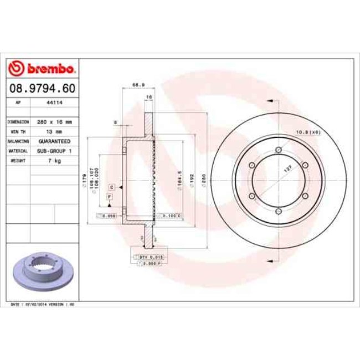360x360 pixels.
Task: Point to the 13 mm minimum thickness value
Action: [x=54, y=131]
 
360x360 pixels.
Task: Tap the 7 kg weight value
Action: [x=54, y=161]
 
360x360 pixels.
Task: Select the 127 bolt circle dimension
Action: [x=287, y=172]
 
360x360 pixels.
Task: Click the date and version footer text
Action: [x=43, y=304]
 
